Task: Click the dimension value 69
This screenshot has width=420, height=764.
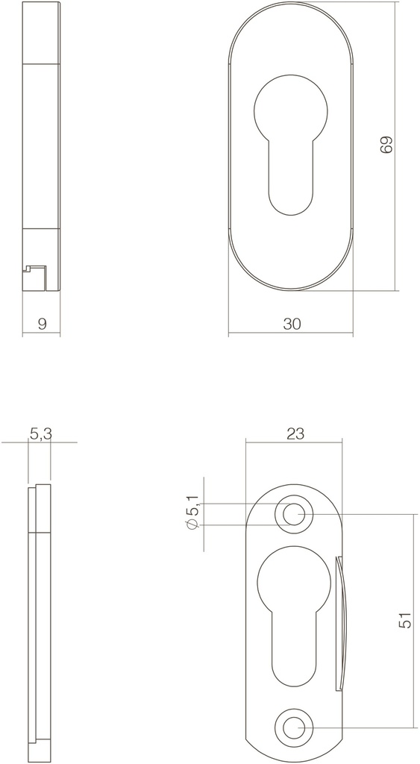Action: [x=386, y=145]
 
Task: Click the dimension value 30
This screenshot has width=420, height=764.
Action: [x=292, y=324]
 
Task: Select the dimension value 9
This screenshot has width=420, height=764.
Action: [x=42, y=324]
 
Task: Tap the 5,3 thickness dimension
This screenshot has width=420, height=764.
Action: [x=40, y=433]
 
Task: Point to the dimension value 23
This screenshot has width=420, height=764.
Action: [x=295, y=433]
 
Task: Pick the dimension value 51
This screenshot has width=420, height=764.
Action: [x=405, y=621]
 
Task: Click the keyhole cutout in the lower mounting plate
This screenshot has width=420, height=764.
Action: [x=294, y=612]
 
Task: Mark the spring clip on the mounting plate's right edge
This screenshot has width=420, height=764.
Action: [x=343, y=623]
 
